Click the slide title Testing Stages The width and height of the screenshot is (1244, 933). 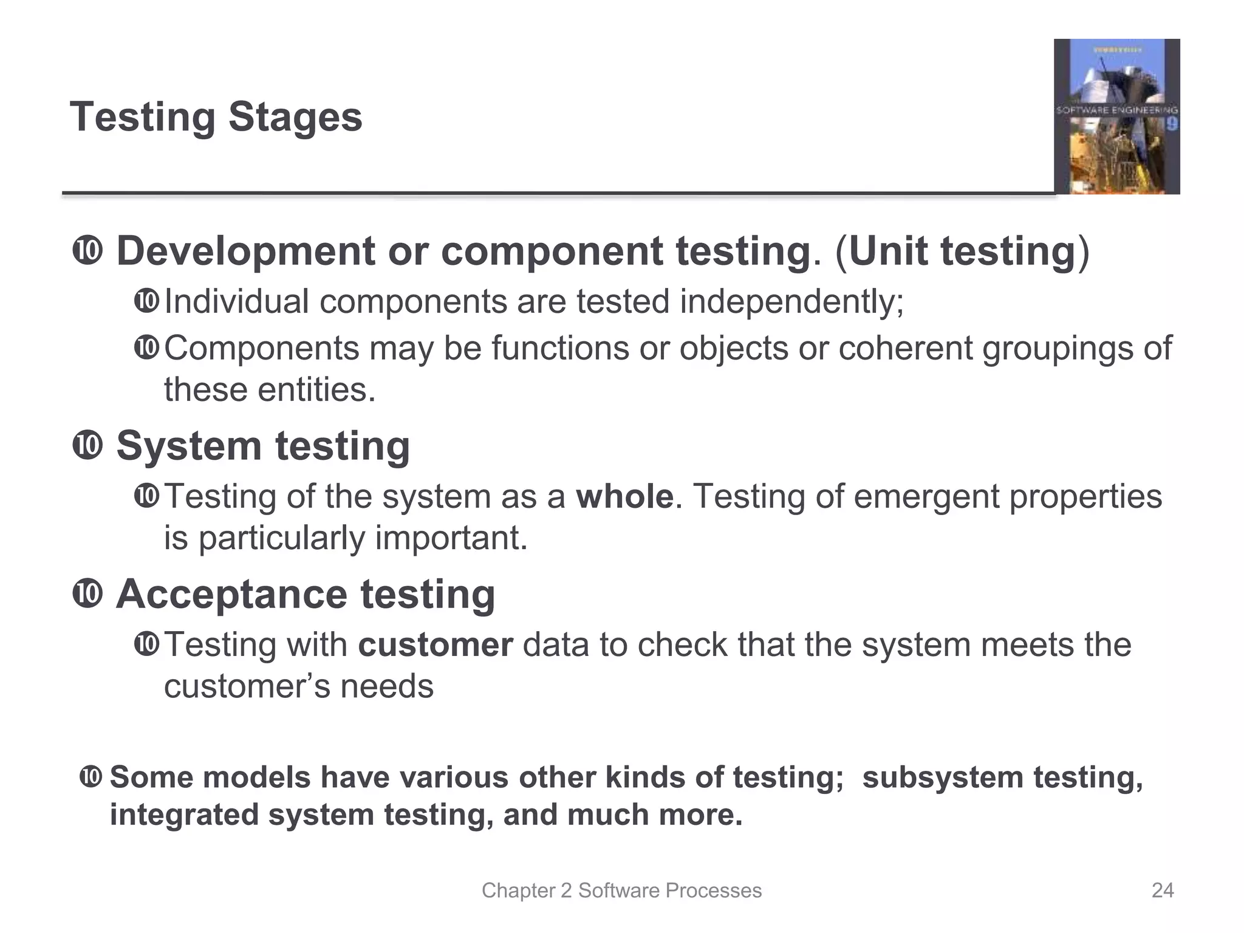216,117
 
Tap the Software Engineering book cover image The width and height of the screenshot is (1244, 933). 1116,117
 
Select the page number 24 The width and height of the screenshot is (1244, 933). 1162,890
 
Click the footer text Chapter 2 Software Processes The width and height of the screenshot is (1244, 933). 621,890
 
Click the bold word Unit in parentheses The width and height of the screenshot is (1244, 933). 888,251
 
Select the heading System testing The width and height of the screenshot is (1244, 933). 263,446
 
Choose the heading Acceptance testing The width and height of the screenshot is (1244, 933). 306,594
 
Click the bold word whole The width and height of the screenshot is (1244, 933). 624,496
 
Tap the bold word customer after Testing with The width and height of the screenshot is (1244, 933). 436,644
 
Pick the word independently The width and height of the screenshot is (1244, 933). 791,301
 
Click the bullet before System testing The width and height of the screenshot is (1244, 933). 87,446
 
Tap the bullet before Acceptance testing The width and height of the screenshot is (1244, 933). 87,594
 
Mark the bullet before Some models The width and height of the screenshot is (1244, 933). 91,777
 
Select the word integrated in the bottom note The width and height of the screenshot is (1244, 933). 184,815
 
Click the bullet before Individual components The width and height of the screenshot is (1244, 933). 146,301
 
